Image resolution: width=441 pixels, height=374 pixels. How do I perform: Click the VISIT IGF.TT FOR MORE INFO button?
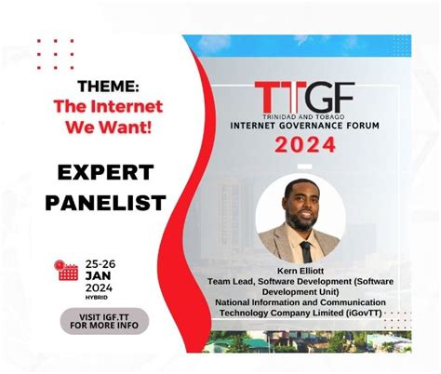click(104, 321)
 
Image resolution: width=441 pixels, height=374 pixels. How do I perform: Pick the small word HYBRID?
click(95, 297)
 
